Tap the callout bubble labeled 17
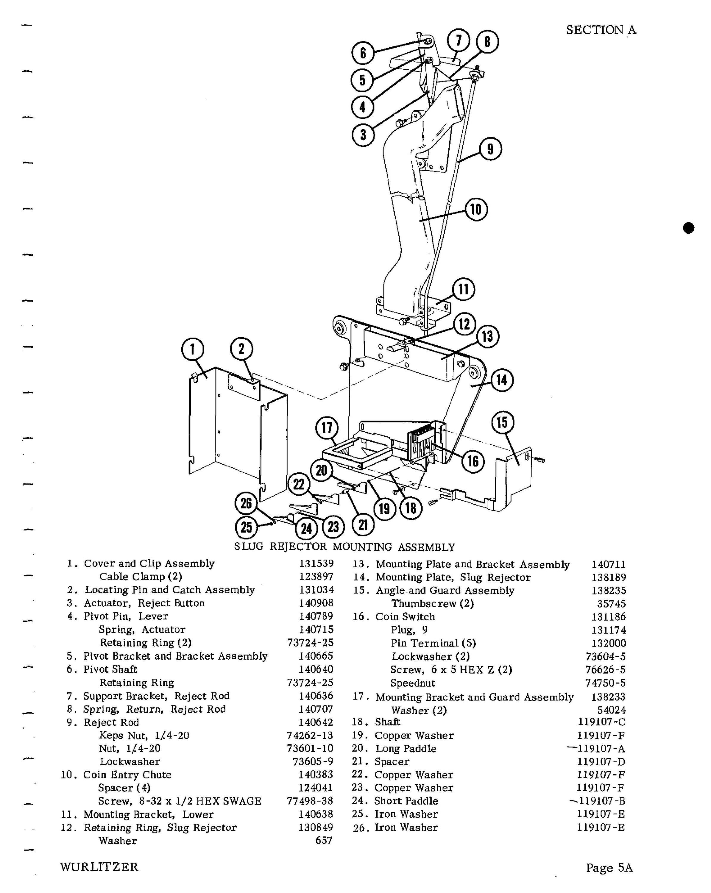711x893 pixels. coord(327,428)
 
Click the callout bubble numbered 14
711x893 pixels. coord(502,380)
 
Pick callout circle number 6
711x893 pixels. coord(363,53)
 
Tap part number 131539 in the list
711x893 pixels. coord(316,564)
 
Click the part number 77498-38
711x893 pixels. coord(310,801)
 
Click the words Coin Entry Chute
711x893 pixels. coord(127,775)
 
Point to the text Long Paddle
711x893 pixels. coord(405,748)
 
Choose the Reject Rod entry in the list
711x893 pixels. coord(111,722)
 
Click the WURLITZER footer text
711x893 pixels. coord(99,867)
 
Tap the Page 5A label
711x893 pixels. coord(609,867)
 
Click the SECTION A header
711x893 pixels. coord(601,30)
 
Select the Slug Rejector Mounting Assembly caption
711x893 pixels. coord(345,547)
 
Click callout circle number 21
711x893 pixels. coord(363,525)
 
